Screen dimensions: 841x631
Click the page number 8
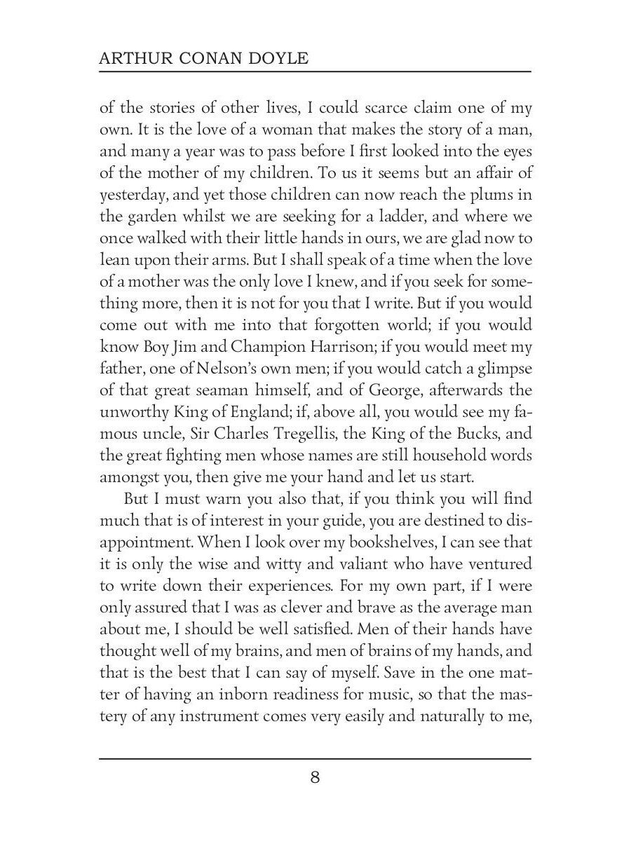(x=315, y=778)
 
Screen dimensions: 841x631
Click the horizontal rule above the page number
(x=315, y=758)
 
